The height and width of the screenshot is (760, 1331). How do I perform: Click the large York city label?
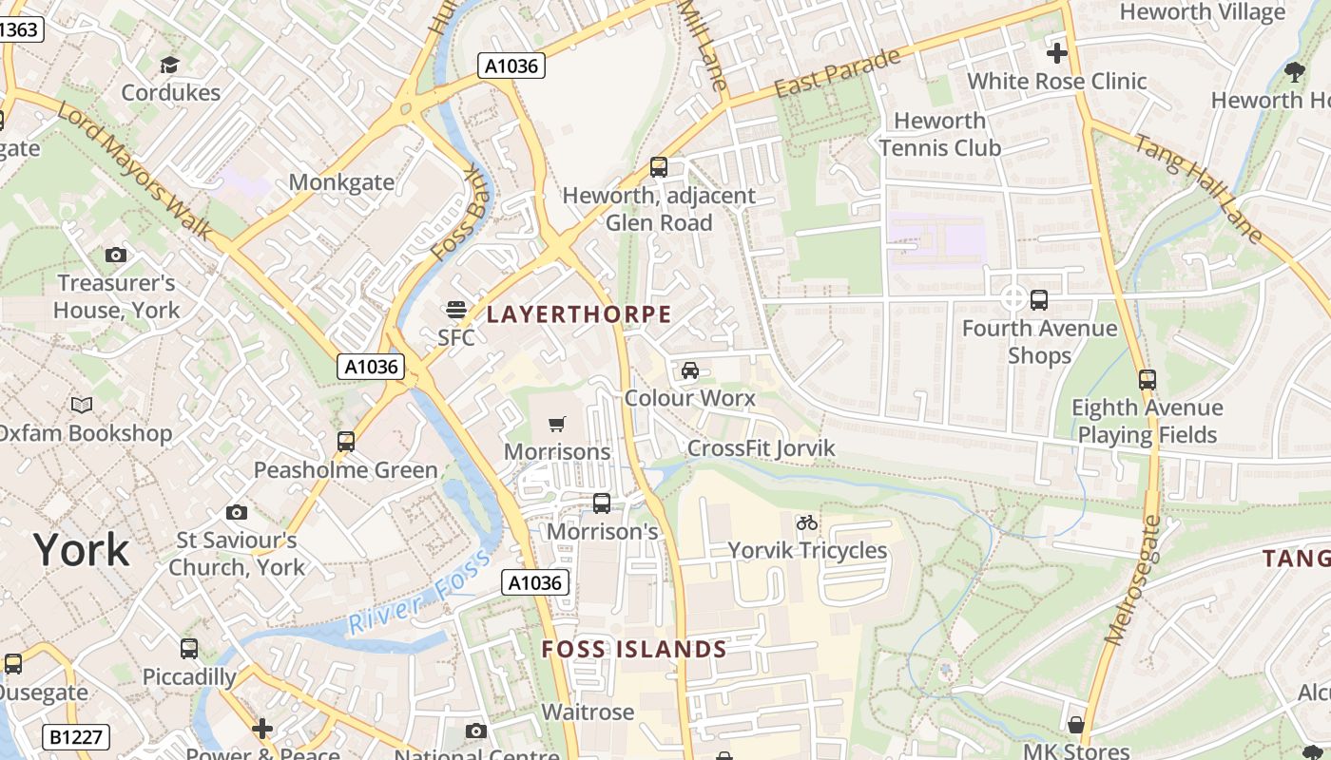coord(81,550)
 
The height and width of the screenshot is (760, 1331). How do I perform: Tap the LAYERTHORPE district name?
coord(579,314)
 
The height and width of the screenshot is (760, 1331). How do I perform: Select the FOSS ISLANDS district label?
coord(634,650)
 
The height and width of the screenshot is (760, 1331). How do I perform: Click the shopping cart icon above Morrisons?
coord(557,424)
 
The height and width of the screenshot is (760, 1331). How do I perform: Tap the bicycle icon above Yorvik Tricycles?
coord(807,522)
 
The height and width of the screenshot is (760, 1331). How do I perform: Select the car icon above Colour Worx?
coord(690,370)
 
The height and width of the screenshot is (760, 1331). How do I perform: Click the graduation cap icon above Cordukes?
coord(170,65)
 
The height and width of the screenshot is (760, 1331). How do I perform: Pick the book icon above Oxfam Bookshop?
coord(83,406)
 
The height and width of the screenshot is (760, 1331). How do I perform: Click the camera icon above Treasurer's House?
coord(116,255)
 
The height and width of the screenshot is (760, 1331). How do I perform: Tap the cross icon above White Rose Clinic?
coord(1056,53)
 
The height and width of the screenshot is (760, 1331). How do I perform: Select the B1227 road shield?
coord(76,736)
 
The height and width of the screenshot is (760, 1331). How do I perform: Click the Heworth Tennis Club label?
coord(939,134)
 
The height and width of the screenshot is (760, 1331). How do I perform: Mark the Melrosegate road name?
coord(1130,579)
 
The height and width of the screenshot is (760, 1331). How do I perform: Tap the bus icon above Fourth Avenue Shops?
coord(1039,300)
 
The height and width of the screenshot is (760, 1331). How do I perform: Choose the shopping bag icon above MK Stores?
coord(1075,725)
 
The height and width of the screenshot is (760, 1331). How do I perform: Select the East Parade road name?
coord(837,73)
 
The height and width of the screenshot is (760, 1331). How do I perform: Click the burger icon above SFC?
coord(456,310)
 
